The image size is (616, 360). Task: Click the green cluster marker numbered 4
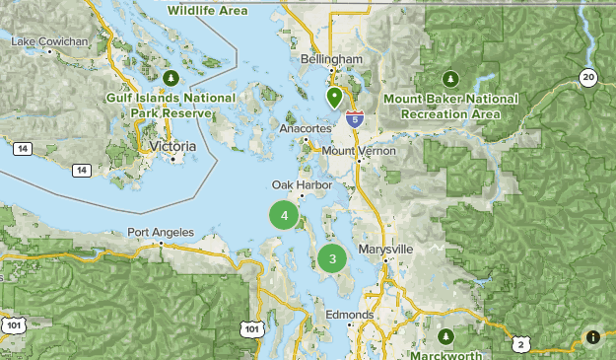284,215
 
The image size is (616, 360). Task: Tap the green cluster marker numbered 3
332,259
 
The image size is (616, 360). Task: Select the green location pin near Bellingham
334,98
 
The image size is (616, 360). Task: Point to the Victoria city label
169,146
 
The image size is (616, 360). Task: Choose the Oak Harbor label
302,185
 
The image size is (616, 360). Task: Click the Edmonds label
350,316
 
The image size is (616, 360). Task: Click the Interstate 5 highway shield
356,117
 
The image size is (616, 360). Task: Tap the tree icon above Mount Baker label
450,78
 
